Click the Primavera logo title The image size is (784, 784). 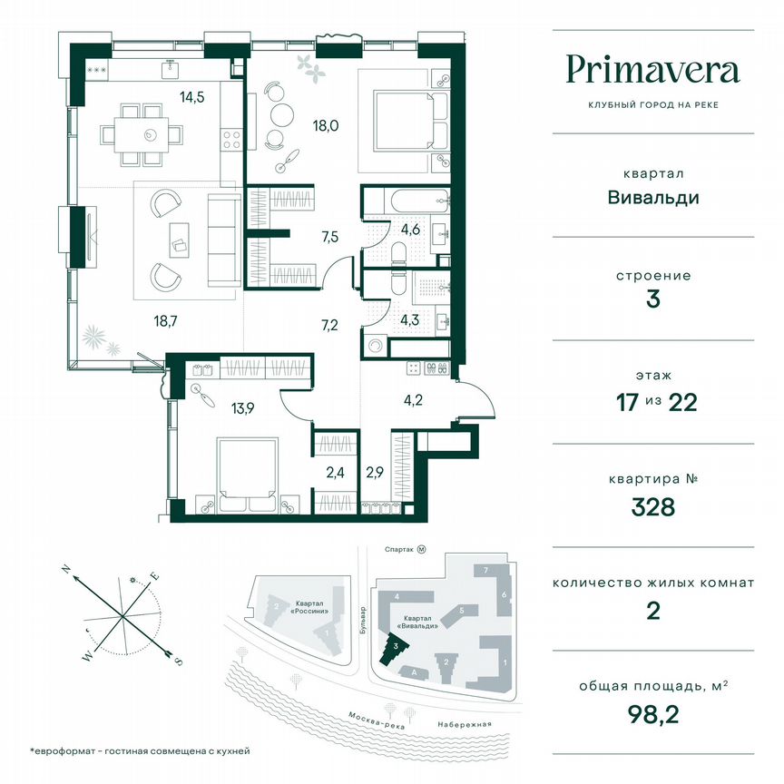pos(652,69)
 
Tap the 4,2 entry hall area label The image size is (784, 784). pos(414,397)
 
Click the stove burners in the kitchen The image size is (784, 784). pos(230,141)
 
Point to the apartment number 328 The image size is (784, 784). pos(653,506)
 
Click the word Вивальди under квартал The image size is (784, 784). pos(653,197)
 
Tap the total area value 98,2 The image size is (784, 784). pos(653,717)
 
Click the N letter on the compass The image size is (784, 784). pos(66,569)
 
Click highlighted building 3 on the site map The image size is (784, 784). pos(397,648)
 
